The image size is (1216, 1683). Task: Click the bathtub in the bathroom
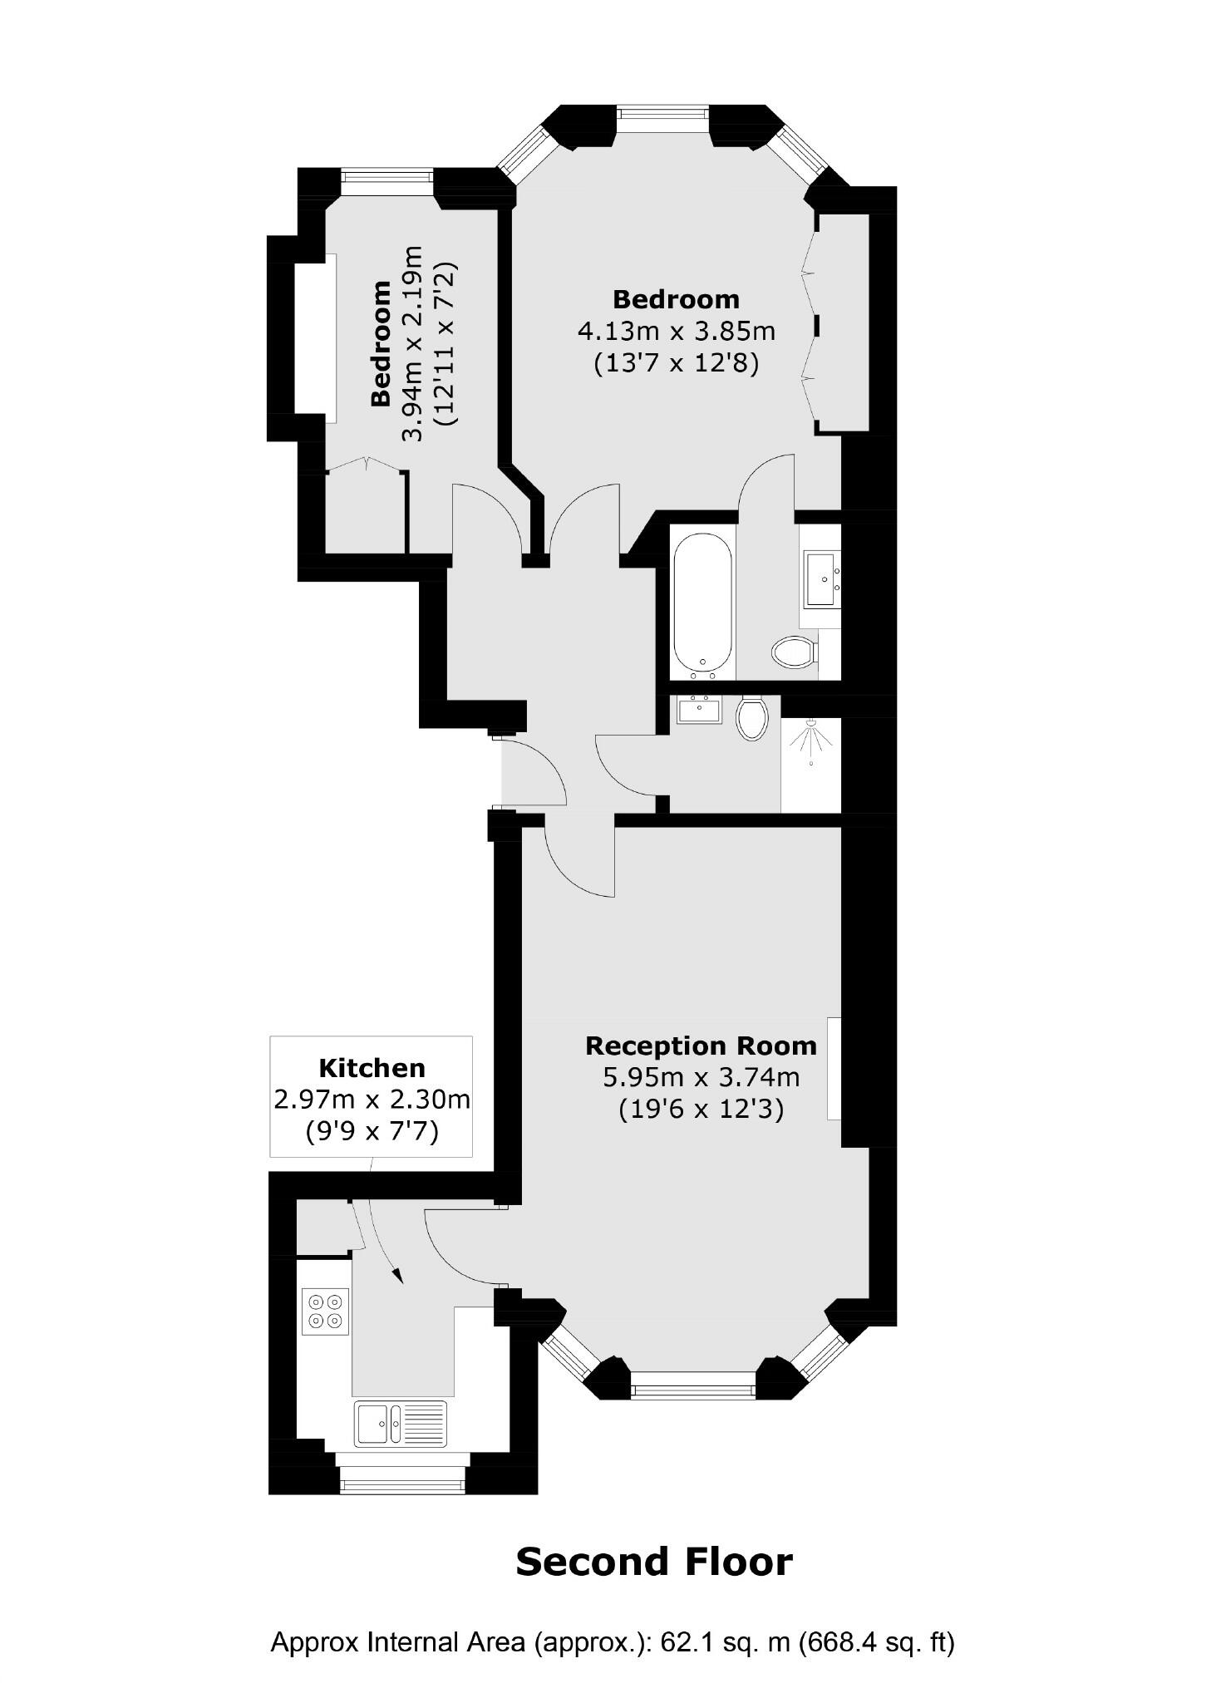[702, 602]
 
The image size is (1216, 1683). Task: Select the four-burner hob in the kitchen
[325, 1311]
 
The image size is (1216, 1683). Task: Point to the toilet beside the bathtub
[794, 652]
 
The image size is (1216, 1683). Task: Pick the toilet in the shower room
[751, 717]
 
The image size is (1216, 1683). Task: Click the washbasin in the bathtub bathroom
[821, 578]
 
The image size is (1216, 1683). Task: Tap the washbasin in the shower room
[697, 710]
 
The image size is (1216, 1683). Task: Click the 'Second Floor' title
[653, 1562]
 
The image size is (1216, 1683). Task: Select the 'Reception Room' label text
[701, 1046]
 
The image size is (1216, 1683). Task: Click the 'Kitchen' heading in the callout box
[372, 1068]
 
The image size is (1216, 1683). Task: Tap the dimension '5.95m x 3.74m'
[701, 1078]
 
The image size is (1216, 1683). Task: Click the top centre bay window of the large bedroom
[662, 118]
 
